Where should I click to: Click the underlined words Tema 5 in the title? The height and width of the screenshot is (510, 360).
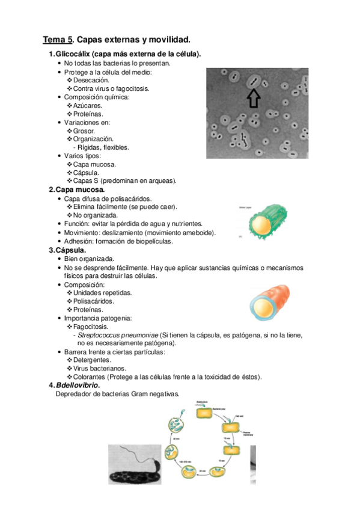pos(57,40)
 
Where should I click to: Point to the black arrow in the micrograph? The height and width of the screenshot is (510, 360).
pos(254,98)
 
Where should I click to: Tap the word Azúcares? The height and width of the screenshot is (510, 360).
pos(88,105)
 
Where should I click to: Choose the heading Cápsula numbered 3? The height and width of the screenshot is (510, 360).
pos(71,249)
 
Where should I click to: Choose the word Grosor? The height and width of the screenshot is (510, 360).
pos(85,131)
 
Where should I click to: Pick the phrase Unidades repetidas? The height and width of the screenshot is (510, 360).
pos(102,292)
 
